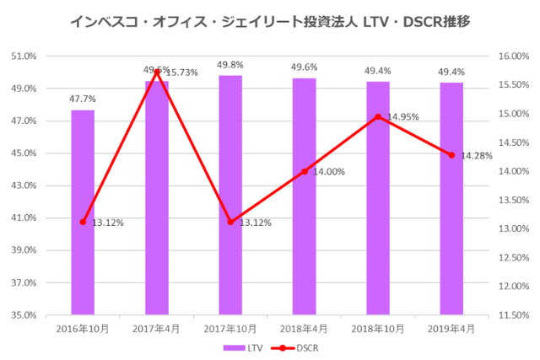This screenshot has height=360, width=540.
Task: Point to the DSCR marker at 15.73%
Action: [157, 72]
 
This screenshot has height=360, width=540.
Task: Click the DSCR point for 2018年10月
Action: [378, 116]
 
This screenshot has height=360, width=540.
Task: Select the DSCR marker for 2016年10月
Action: [83, 222]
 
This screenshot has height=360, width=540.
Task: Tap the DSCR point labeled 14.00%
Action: [304, 171]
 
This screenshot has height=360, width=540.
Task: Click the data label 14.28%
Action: [478, 156]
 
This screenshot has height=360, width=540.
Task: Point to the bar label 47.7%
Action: [83, 99]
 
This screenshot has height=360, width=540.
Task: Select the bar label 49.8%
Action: [230, 65]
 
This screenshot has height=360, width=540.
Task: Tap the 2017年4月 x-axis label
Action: [156, 327]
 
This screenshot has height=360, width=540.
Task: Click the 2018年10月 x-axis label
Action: [377, 327]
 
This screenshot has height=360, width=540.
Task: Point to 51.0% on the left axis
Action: [24, 56]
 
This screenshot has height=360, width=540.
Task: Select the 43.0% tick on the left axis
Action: [24, 185]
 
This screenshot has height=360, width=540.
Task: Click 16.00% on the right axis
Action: [513, 56]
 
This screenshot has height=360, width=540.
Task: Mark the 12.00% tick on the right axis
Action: [513, 287]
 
